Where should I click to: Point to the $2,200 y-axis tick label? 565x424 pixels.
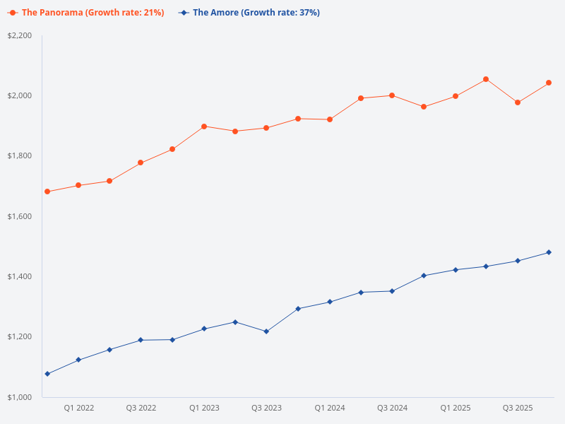(20, 35)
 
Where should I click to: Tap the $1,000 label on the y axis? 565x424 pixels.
(20, 397)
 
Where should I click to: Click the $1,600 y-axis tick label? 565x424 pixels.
(20, 216)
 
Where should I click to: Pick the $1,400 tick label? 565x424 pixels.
(20, 276)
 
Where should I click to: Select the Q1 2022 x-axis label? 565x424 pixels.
(78, 408)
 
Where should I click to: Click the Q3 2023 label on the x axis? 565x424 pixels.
(266, 408)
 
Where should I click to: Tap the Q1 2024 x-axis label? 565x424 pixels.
(329, 408)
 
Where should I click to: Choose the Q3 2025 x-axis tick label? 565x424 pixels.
(518, 408)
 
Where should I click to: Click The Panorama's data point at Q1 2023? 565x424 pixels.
(204, 126)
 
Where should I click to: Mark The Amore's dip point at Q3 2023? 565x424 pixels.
(266, 331)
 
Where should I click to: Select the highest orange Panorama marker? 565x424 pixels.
(486, 79)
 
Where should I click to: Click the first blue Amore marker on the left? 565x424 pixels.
(47, 374)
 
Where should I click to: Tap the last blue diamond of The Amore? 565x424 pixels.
(549, 252)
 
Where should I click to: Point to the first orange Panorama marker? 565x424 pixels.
(47, 192)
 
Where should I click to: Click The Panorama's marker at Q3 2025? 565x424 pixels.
(518, 102)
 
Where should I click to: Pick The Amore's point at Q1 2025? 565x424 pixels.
(455, 270)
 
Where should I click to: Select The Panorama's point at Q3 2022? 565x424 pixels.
(141, 163)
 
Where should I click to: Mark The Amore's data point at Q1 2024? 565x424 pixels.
(329, 302)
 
